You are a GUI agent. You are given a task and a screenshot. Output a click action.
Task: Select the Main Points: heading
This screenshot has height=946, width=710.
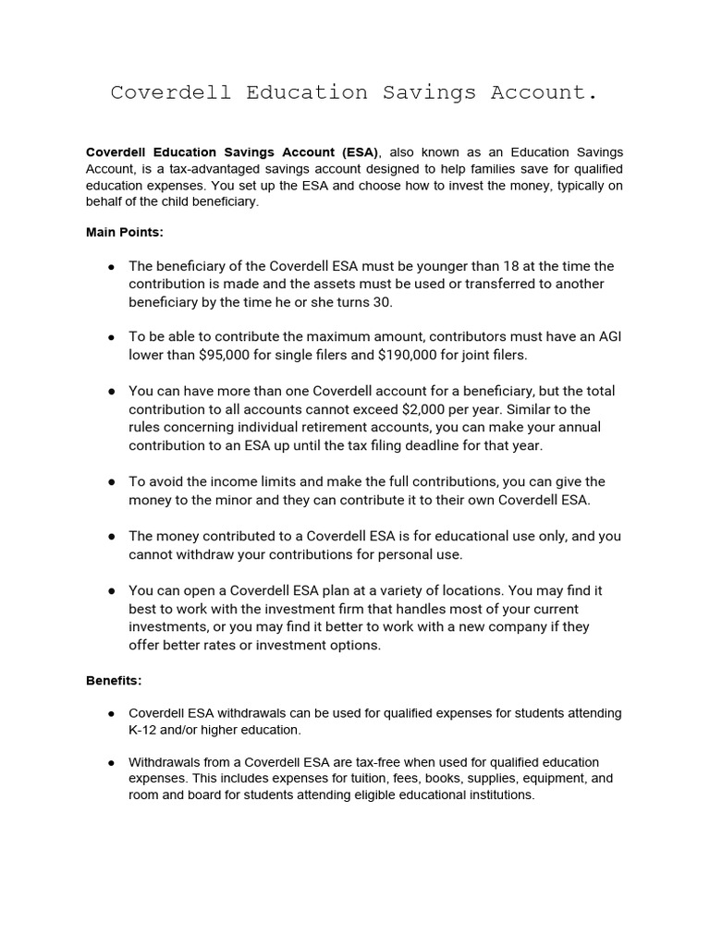pos(124,233)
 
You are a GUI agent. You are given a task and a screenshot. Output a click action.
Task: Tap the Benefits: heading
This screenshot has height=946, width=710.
pos(114,680)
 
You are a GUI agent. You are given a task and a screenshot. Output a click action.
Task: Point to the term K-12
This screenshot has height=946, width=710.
pos(145,730)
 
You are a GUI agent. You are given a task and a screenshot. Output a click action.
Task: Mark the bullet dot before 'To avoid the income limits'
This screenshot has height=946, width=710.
pos(111,481)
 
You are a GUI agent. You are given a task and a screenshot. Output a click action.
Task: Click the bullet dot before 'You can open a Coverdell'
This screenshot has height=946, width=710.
pos(111,590)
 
